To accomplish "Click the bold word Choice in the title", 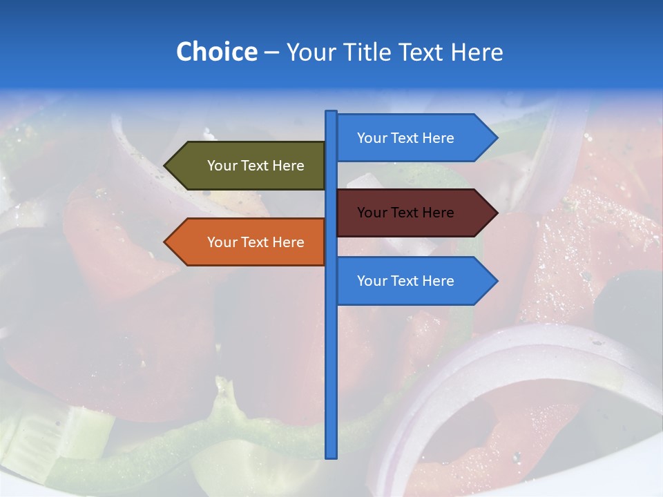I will tap(216, 52).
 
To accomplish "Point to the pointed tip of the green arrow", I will tap(166, 166).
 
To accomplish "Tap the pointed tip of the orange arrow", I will tap(166, 242).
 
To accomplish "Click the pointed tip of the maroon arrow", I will tap(496, 213).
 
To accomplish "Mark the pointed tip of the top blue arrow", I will tap(496, 138).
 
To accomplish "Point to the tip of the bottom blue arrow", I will tap(496, 281).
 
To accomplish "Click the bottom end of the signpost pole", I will tap(331, 456).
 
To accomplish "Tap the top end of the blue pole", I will tap(331, 113).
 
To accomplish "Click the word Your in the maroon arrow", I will tap(372, 213).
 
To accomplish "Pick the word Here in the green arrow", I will tap(288, 166).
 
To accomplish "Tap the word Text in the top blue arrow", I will tap(405, 138).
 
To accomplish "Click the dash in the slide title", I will tap(271, 52).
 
